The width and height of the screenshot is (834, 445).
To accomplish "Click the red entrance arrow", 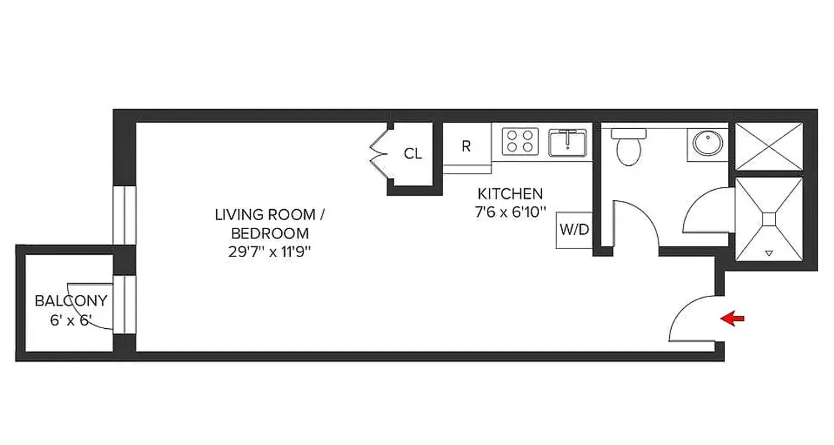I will (732, 319).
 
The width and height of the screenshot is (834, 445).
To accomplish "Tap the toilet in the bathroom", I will (629, 147).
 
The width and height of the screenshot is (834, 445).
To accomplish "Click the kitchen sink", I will (567, 142).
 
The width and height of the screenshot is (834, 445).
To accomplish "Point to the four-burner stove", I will (520, 141).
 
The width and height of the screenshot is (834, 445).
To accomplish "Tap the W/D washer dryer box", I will (574, 230).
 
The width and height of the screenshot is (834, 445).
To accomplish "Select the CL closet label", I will (413, 154).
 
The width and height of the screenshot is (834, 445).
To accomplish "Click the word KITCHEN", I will (510, 194).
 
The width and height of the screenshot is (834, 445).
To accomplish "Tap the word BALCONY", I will (71, 301).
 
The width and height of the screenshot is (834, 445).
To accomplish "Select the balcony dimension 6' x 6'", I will (70, 321).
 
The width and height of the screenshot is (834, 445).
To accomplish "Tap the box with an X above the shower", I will (770, 146).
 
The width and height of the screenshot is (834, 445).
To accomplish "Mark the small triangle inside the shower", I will (769, 254).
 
